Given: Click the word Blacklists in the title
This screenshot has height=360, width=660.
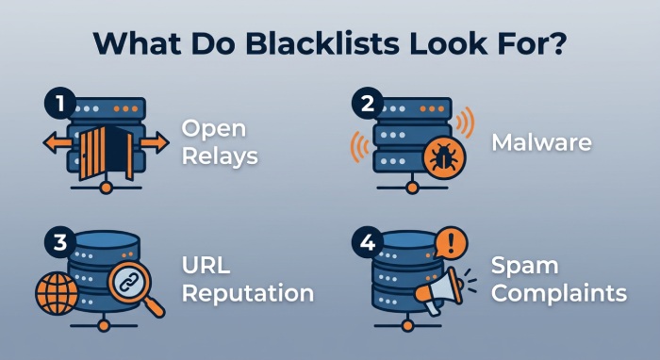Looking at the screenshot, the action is (x=322, y=43).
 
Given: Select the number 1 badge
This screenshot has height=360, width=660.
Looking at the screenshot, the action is (x=60, y=103).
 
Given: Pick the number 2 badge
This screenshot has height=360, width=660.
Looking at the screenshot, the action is (x=368, y=103).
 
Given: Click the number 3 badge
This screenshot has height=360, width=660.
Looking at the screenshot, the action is (x=60, y=242).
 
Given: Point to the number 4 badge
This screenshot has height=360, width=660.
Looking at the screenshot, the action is (x=368, y=242).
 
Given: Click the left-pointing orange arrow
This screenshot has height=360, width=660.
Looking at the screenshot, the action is (x=58, y=142).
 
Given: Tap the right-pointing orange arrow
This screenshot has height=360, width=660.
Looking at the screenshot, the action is (x=155, y=142).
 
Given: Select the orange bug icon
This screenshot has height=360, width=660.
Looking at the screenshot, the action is (x=444, y=157).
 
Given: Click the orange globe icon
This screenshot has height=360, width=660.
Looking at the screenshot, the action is (x=58, y=293).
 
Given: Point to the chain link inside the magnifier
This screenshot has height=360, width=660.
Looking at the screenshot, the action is (x=129, y=282).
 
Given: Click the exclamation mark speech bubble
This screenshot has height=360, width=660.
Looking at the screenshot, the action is (x=451, y=242).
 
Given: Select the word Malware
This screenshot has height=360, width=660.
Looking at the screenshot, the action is (x=542, y=142).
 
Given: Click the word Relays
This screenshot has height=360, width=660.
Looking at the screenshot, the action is (x=220, y=156).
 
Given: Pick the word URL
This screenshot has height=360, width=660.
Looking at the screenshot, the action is (x=206, y=265).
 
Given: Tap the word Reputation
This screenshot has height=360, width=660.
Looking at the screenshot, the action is (x=248, y=293).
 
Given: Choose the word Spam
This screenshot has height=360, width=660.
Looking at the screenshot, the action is (x=525, y=266).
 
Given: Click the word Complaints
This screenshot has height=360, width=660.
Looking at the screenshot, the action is (x=559, y=293).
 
